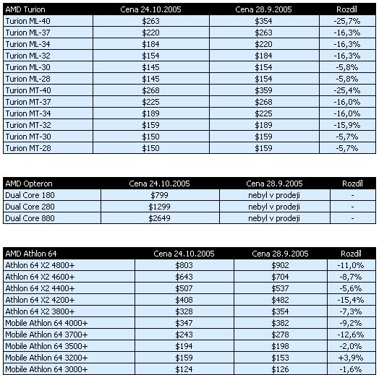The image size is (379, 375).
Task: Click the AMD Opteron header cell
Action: coord(29,184)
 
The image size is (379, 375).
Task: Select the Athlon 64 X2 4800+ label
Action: coord(41,264)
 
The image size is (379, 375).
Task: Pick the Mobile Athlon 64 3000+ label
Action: coord(46,369)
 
